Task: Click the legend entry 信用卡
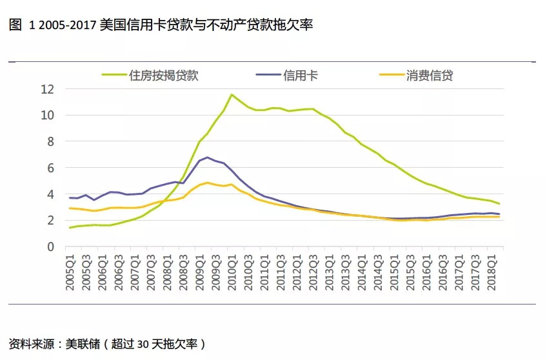click(x=301, y=75)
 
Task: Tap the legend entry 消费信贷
click(x=430, y=75)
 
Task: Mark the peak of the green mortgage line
click(x=232, y=95)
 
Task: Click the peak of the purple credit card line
click(x=207, y=157)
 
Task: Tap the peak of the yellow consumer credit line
click(x=207, y=183)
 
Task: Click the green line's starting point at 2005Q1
click(x=70, y=228)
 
